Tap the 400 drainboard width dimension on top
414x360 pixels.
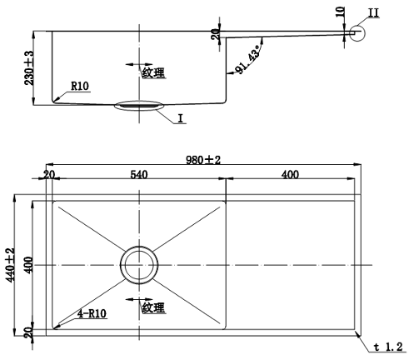pyautogui.click(x=290, y=174)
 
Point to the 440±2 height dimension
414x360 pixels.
pyautogui.click(x=11, y=265)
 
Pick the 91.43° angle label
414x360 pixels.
pyautogui.click(x=247, y=60)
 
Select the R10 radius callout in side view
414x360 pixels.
pyautogui.click(x=80, y=85)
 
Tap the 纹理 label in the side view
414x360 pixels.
pyautogui.click(x=153, y=73)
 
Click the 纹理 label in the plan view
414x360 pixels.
pyautogui.click(x=152, y=307)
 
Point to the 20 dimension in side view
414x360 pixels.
pyautogui.click(x=216, y=33)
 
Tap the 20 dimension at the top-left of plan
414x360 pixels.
pyautogui.click(x=48, y=174)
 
